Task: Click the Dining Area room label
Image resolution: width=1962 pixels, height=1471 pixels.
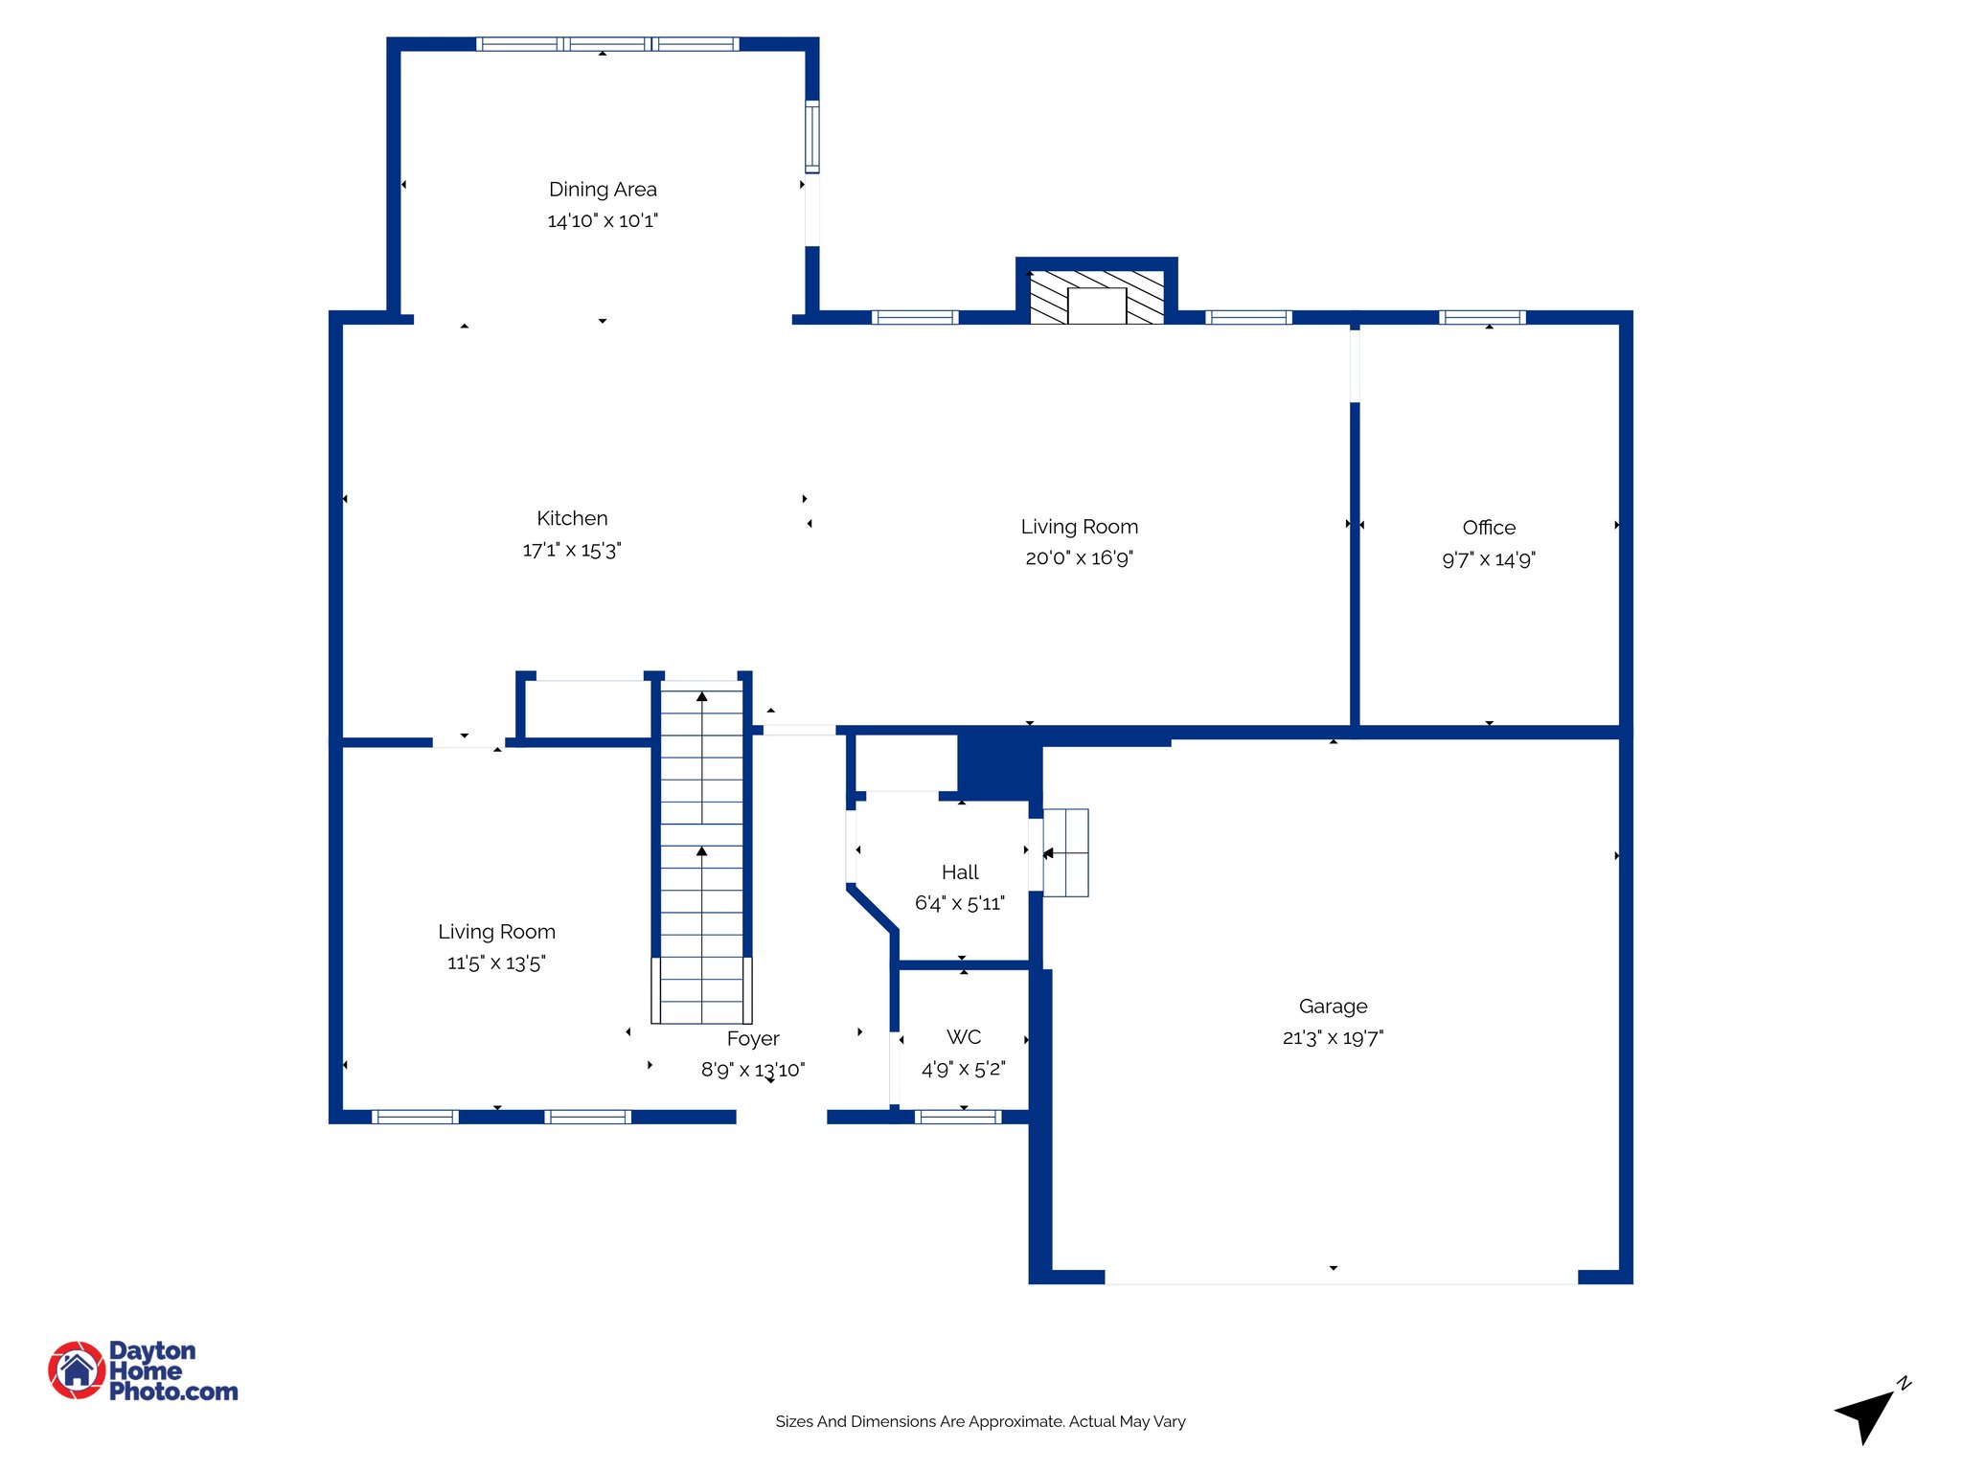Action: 603,190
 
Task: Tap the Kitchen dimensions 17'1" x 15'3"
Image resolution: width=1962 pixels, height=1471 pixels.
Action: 572,550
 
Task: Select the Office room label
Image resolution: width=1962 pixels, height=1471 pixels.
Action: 1489,528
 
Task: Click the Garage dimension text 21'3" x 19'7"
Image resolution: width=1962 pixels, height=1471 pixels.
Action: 1333,1037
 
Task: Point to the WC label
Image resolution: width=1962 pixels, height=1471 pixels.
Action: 964,1037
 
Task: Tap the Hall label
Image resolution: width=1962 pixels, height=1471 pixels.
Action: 960,872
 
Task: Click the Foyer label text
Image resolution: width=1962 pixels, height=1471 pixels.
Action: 753,1039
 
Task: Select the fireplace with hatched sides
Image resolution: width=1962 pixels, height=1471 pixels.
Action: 1097,297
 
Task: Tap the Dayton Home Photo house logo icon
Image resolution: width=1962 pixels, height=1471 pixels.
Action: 77,1370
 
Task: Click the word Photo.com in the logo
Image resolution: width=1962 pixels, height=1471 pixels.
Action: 173,1392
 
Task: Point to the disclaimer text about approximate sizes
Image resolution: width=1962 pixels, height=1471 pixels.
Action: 980,1421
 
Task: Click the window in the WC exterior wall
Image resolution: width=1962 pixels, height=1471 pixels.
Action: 958,1117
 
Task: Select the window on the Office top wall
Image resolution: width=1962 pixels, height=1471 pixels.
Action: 1482,317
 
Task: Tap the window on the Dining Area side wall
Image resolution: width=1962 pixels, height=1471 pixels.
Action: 812,136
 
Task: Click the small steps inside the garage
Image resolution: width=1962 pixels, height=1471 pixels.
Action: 1065,852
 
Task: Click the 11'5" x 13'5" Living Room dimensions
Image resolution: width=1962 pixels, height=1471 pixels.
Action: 496,962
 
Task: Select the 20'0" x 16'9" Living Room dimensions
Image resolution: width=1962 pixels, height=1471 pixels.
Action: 1079,557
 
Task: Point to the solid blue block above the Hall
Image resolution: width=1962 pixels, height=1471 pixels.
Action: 996,764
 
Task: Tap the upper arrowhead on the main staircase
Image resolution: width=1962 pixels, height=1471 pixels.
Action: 702,697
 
